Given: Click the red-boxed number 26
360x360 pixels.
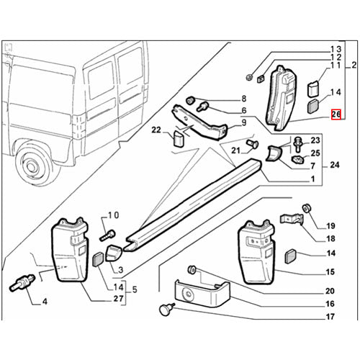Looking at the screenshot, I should [x=336, y=114].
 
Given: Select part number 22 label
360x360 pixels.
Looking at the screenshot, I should [x=156, y=130].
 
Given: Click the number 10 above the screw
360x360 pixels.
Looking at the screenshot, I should [x=112, y=215].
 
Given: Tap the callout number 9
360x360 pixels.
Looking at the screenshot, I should [x=244, y=122].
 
